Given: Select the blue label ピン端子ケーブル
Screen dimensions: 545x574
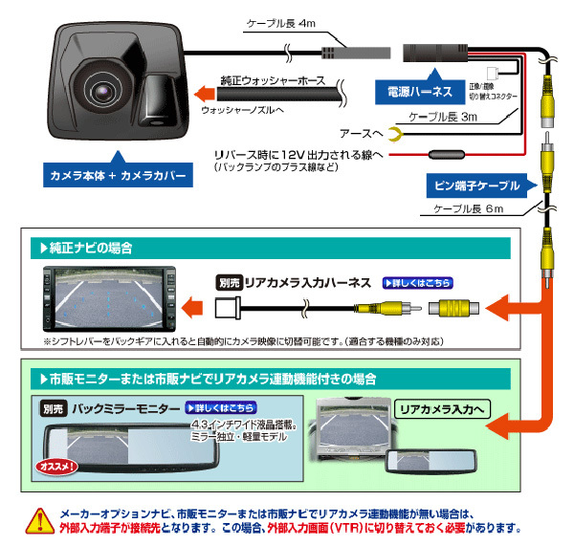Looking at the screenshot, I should (x=484, y=185).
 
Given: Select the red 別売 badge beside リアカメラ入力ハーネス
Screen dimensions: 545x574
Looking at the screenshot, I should (x=229, y=283).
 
